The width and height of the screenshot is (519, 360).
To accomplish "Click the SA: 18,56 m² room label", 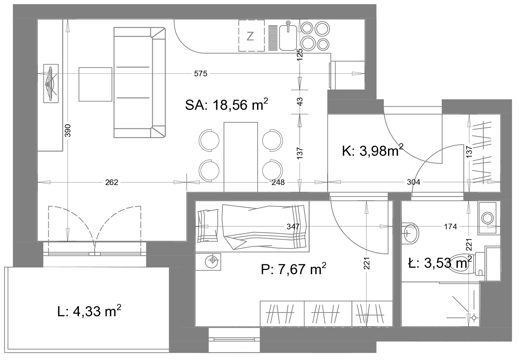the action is click(x=226, y=105).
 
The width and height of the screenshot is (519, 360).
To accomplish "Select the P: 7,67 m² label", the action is click(x=294, y=269).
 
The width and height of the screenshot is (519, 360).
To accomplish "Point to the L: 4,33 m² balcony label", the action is click(x=89, y=311).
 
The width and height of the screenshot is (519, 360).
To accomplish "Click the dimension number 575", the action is click(x=201, y=74).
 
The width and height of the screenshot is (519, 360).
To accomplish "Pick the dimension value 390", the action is click(x=67, y=130).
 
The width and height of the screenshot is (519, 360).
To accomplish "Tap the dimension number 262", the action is click(x=112, y=182).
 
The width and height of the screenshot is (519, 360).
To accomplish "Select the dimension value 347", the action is click(x=293, y=226).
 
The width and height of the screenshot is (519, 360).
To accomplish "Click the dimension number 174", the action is click(x=450, y=226).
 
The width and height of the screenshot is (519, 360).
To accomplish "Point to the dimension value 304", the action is click(x=413, y=182).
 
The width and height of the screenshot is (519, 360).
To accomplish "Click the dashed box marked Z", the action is click(x=252, y=36).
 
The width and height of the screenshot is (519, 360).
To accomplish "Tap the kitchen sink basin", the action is click(x=288, y=37).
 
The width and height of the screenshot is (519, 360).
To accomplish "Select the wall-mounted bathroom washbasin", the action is click(x=410, y=233).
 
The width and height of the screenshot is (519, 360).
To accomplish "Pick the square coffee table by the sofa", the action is click(x=95, y=84).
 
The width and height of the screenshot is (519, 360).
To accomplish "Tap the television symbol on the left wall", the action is click(x=51, y=83).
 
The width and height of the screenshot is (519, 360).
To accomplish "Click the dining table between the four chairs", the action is click(x=241, y=157).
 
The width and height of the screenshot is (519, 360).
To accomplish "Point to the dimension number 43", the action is click(x=300, y=101).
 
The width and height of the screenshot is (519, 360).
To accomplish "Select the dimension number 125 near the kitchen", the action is click(x=300, y=54).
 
